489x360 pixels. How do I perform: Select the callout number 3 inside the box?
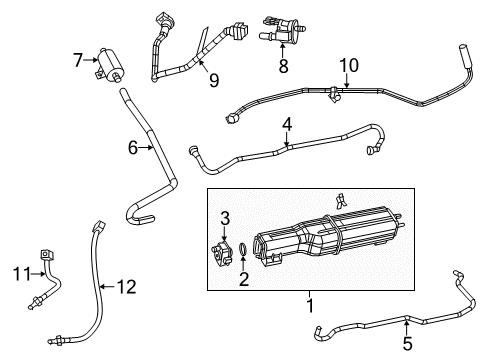225,218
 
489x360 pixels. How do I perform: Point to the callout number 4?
287,126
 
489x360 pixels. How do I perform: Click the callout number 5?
405,341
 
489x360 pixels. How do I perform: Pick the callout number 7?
78,61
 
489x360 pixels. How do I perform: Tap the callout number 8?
283,68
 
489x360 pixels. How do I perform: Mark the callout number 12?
124,286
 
